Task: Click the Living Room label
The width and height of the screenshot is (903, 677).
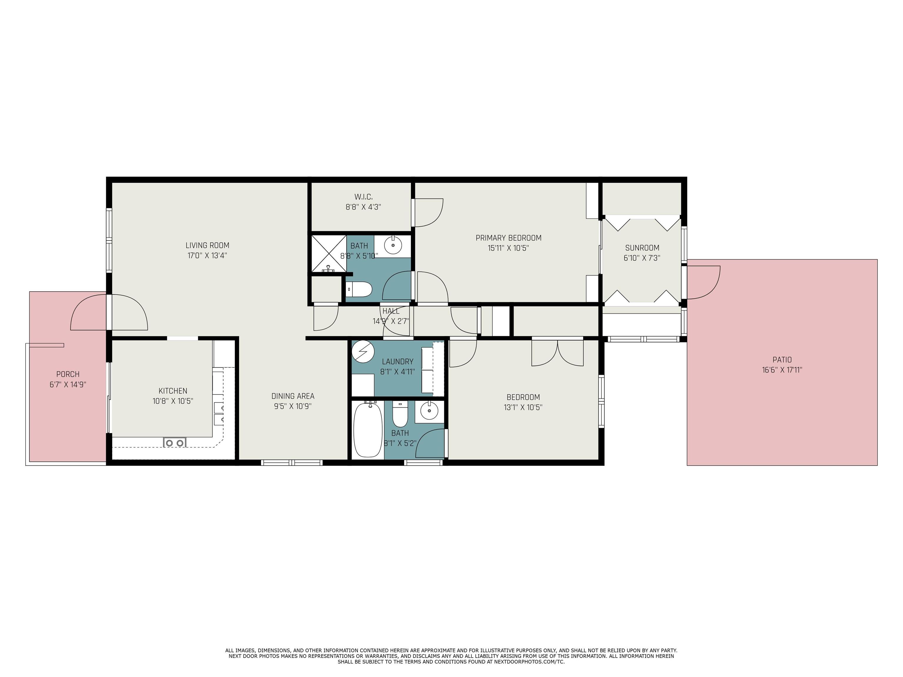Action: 208,245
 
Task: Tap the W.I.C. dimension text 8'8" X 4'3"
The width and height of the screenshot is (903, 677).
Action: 363,207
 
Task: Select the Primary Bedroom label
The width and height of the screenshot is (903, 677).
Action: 508,238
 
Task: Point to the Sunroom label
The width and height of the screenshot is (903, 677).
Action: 642,248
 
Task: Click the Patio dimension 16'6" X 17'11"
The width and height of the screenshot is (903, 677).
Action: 782,370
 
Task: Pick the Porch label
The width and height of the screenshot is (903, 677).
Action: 68,374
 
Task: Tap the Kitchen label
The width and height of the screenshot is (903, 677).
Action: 173,391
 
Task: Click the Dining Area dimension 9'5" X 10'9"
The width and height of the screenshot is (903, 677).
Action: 293,406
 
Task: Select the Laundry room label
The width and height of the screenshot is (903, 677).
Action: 398,361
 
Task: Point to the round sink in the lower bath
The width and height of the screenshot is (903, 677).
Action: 429,411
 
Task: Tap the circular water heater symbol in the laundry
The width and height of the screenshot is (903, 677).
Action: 363,351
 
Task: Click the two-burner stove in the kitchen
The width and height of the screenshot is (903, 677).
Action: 175,442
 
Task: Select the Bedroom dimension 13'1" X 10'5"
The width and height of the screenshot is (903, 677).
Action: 523,407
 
